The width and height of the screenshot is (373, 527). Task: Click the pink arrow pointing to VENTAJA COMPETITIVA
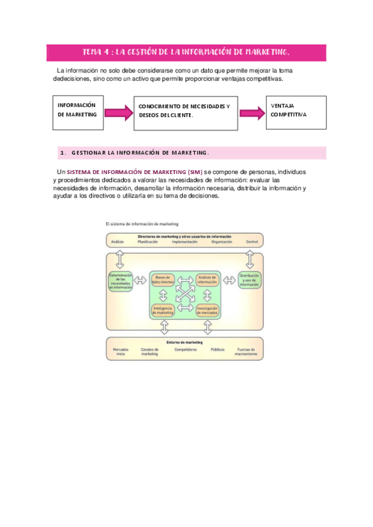click(252, 112)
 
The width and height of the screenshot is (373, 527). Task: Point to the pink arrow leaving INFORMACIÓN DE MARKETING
click(119, 112)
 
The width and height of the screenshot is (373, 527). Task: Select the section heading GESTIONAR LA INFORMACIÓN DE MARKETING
click(140, 153)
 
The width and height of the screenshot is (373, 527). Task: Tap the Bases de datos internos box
click(165, 280)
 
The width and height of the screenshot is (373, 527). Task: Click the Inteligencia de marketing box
click(164, 310)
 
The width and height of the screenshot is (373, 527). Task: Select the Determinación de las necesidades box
click(121, 282)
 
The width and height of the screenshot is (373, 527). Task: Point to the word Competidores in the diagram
click(185, 350)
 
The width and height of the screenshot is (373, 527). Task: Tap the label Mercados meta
click(121, 352)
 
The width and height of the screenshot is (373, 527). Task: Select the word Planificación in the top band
click(148, 242)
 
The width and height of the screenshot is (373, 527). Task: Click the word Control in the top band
click(252, 242)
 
